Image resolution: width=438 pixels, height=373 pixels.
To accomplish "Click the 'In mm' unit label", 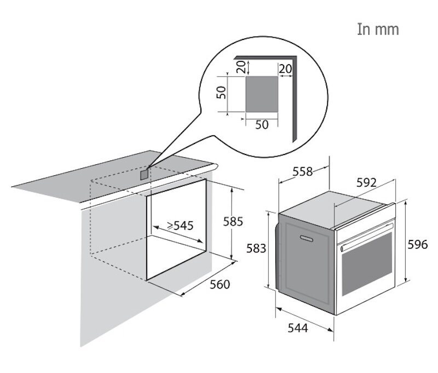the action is pyautogui.click(x=378, y=30).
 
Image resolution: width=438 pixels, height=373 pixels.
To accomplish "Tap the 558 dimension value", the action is pyautogui.click(x=303, y=171).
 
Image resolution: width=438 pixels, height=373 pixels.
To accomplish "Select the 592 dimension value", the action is pyautogui.click(x=366, y=182).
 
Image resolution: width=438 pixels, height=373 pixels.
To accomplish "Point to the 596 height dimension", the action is pyautogui.click(x=418, y=244).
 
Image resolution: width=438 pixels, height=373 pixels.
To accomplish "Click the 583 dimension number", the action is pyautogui.click(x=256, y=248).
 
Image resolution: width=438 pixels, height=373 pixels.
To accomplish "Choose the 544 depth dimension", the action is pyautogui.click(x=298, y=328).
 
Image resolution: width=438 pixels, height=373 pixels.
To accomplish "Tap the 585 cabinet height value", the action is pyautogui.click(x=233, y=222).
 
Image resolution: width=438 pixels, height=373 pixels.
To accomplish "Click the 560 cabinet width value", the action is pyautogui.click(x=220, y=284).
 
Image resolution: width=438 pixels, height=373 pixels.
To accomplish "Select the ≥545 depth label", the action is pyautogui.click(x=180, y=225).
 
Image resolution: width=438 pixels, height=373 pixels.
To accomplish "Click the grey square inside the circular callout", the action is pyautogui.click(x=262, y=94).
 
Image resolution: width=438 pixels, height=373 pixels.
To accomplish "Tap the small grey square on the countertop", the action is pyautogui.click(x=144, y=174).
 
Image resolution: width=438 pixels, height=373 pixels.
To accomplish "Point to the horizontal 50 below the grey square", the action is pyautogui.click(x=262, y=125).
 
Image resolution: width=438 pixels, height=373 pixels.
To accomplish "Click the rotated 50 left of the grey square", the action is pyautogui.click(x=221, y=92).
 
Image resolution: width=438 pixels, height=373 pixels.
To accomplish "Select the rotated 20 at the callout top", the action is pyautogui.click(x=241, y=67).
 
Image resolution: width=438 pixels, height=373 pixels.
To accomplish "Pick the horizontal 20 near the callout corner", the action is pyautogui.click(x=285, y=68).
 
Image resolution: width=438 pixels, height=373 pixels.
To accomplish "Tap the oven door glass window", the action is pyautogui.click(x=367, y=263).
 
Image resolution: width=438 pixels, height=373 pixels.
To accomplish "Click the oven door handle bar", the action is pyautogui.click(x=367, y=236).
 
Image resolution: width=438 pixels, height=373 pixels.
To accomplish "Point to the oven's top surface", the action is pyautogui.click(x=335, y=209).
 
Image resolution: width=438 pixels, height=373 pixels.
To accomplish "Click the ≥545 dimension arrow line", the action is pyautogui.click(x=178, y=234).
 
